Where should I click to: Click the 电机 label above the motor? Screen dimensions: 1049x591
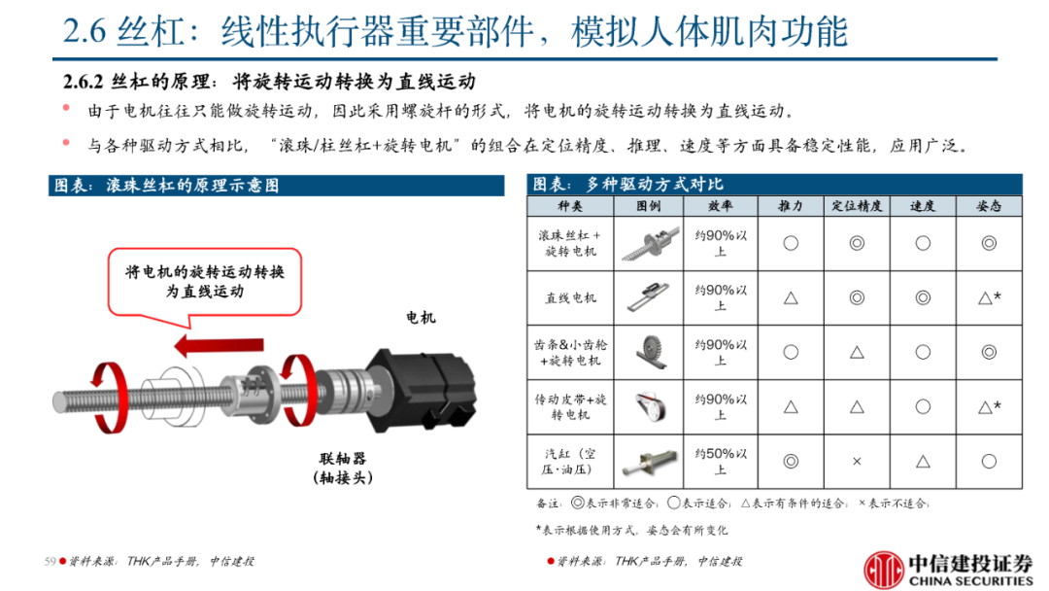[x=421, y=317]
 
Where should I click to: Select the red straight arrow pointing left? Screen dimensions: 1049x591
[x=219, y=345]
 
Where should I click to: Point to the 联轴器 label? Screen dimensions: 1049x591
[x=343, y=459]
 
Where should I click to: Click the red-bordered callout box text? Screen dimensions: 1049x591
[x=205, y=281]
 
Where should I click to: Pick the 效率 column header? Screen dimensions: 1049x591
[x=721, y=206]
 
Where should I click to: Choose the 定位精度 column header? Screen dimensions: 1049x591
[x=857, y=206]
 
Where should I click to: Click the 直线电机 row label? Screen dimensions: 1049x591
[x=570, y=297]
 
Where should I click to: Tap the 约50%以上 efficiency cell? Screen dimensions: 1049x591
[x=721, y=461]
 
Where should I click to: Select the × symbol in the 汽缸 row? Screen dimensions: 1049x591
[x=857, y=461]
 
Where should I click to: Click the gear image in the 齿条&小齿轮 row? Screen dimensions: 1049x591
[x=650, y=352]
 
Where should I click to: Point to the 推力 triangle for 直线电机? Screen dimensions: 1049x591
[x=791, y=297]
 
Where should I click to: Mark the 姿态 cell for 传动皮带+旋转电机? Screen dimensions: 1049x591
[x=990, y=406]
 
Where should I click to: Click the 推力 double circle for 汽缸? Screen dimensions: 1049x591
[x=791, y=461]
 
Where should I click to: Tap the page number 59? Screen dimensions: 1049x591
[x=51, y=561]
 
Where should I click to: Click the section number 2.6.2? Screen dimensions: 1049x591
[x=83, y=82]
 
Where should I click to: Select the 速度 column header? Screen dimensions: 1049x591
[x=923, y=206]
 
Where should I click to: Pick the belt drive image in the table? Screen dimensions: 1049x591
[x=650, y=406]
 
